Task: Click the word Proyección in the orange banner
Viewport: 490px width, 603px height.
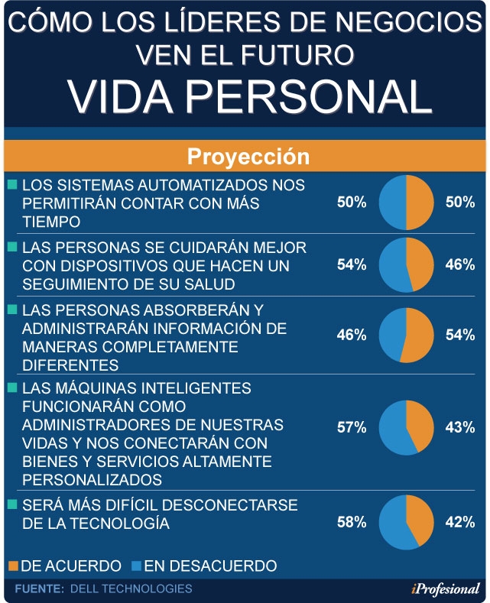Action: pyautogui.click(x=248, y=157)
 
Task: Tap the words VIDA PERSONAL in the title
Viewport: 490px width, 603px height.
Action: pyautogui.click(x=245, y=96)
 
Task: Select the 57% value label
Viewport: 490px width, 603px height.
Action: pyautogui.click(x=352, y=427)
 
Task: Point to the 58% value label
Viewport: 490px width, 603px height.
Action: pyautogui.click(x=352, y=523)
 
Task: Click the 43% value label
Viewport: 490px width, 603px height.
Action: pyautogui.click(x=459, y=427)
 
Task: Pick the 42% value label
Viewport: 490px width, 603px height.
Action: pyautogui.click(x=459, y=523)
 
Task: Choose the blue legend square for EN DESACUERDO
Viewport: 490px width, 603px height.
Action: pyautogui.click(x=136, y=566)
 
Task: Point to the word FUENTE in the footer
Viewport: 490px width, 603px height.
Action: pyautogui.click(x=38, y=589)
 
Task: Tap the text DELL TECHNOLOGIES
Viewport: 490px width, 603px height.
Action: pyautogui.click(x=131, y=589)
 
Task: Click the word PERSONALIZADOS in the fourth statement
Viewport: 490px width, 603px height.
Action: pyautogui.click(x=92, y=480)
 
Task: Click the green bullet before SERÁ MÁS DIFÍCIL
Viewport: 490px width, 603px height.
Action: pyautogui.click(x=11, y=505)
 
